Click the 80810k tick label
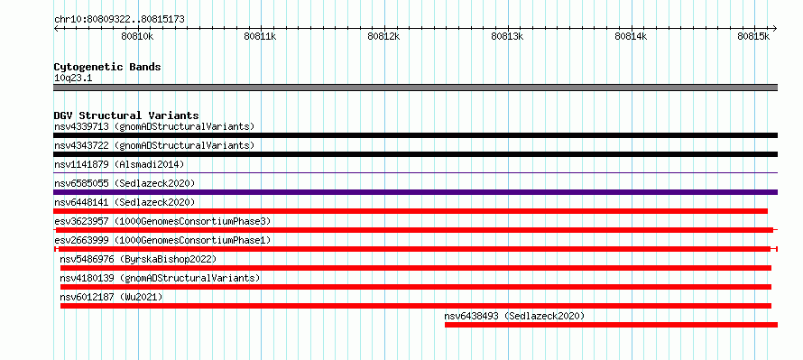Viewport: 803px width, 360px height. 137,36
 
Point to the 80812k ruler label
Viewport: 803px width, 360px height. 384,36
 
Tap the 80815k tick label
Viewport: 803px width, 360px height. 754,36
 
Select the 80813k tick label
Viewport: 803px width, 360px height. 507,36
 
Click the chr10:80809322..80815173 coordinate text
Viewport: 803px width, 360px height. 119,20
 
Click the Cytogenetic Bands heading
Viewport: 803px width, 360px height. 107,67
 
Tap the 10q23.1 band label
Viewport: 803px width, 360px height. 73,78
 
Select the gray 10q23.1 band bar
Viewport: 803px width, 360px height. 416,88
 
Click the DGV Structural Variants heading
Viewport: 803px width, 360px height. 126,115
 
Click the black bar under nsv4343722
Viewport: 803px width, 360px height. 416,154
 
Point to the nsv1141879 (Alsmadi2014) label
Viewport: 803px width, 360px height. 119,164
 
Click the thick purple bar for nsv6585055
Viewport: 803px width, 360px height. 416,192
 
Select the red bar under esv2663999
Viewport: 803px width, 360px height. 416,249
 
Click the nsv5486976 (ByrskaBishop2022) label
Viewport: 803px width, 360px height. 138,259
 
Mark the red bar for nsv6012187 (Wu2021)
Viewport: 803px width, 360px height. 416,306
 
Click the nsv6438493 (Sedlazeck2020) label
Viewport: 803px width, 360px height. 514,316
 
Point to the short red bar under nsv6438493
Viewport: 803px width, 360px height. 612,325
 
